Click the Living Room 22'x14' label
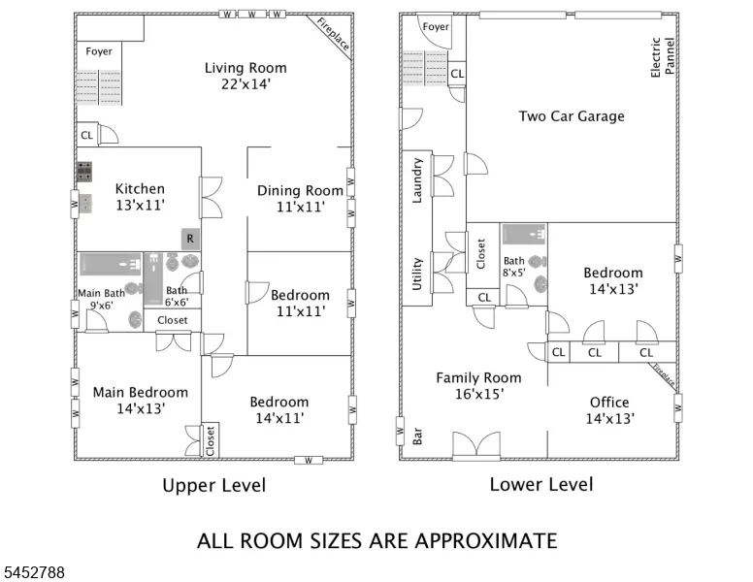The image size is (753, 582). point(246,76)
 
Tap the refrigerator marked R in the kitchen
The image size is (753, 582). point(190,239)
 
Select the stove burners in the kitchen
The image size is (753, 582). point(84,172)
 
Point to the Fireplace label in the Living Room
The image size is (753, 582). point(333,34)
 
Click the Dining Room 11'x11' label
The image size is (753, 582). point(300,198)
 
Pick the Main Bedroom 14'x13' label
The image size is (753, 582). point(141,400)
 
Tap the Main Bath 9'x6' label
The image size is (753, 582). point(101,299)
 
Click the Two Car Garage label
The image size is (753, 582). point(572,116)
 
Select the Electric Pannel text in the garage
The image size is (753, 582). point(663,56)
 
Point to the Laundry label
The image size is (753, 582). point(417,180)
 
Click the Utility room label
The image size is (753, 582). point(417,274)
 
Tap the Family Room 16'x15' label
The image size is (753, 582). point(478,386)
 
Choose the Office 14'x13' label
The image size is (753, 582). point(610,410)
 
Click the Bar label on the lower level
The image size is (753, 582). point(417,436)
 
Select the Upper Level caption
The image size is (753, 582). point(214,485)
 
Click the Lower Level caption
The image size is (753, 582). point(541,484)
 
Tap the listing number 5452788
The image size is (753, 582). point(34,572)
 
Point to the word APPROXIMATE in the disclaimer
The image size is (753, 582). point(486,540)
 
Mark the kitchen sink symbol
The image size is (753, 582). point(85,203)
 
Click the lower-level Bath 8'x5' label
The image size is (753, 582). point(514,267)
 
